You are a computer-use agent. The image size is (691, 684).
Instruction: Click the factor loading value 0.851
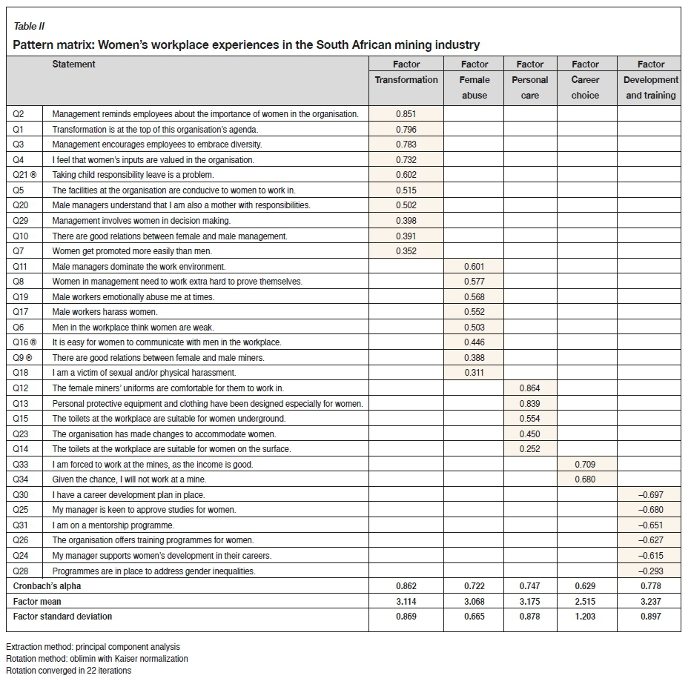tap(406, 114)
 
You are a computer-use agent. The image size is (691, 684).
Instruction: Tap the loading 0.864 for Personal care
tap(529, 388)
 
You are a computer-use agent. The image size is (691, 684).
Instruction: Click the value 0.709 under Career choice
tap(585, 465)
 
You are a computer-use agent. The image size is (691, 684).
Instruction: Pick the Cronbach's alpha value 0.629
tap(585, 586)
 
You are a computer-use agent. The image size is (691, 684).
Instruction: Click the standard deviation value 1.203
tap(585, 617)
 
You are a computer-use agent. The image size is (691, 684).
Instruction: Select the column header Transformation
tap(406, 80)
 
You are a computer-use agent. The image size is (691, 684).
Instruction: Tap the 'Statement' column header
tap(73, 64)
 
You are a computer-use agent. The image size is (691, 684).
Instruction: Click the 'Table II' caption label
tap(30, 27)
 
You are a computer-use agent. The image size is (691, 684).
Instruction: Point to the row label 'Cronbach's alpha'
tap(47, 586)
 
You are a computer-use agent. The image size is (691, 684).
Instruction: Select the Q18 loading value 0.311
tap(475, 373)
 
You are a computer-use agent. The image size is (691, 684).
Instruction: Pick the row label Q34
tap(21, 479)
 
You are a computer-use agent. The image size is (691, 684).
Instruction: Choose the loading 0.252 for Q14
tap(529, 449)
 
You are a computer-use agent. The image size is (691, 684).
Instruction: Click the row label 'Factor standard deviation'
tap(62, 617)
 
